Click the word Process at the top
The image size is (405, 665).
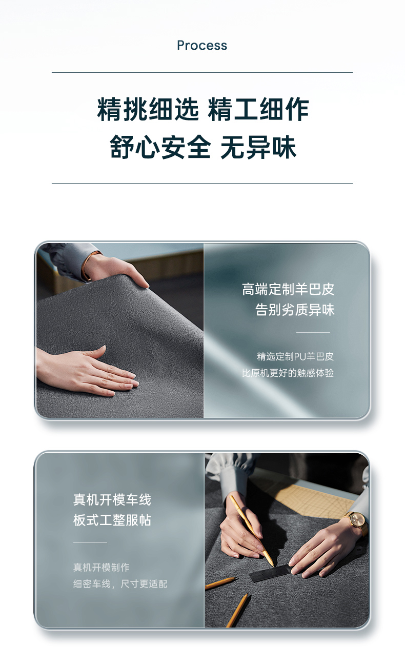tap(202, 46)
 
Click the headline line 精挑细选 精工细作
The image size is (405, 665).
tap(203, 109)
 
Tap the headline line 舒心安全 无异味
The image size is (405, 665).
tap(203, 147)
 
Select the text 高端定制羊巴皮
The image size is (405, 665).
tap(288, 289)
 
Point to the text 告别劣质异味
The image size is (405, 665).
tap(295, 310)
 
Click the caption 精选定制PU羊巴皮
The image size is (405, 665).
tap(295, 356)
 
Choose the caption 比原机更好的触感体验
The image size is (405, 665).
tap(288, 373)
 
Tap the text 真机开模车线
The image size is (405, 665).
tap(112, 499)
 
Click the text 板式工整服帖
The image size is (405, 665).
tap(112, 520)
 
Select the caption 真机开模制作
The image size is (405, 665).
tap(102, 568)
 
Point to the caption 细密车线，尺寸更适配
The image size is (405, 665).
tap(120, 584)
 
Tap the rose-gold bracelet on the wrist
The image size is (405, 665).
tap(88, 266)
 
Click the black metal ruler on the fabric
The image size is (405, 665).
tap(270, 572)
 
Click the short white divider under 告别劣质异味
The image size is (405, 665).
tap(313, 332)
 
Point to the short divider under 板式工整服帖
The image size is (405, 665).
tap(90, 542)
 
